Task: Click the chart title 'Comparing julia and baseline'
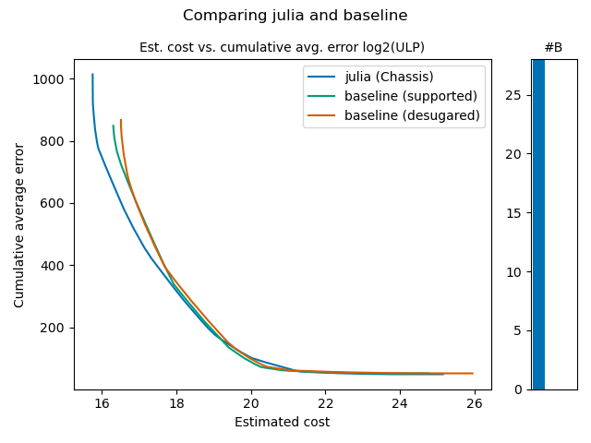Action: (x=295, y=16)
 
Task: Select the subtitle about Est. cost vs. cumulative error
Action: (x=282, y=47)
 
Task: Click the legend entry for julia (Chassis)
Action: (x=389, y=76)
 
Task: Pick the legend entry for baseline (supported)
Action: (x=410, y=96)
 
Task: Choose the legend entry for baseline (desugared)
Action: (x=412, y=115)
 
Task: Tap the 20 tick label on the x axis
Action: (x=251, y=402)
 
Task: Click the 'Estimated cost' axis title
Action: (x=282, y=423)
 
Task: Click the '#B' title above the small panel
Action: (x=553, y=47)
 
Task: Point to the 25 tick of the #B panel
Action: (x=518, y=95)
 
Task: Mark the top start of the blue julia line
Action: (x=92, y=75)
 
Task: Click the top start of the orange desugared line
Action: (x=120, y=120)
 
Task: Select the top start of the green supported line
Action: (x=113, y=126)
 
